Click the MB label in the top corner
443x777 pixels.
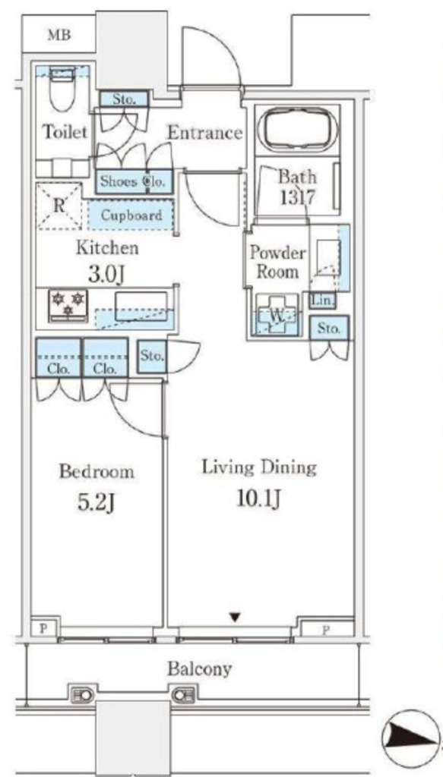tap(59, 35)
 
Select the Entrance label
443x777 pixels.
tap(204, 133)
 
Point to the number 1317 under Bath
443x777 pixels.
tap(297, 198)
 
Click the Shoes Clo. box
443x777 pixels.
tap(134, 181)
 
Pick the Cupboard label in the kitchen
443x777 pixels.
tap(131, 215)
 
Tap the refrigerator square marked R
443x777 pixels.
tap(59, 206)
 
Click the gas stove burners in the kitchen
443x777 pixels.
tap(68, 304)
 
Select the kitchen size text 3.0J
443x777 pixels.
tap(106, 275)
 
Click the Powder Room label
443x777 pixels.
tap(277, 262)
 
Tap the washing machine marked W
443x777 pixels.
tap(277, 315)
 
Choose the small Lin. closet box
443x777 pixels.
tap(322, 300)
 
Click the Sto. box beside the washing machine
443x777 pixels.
tap(329, 328)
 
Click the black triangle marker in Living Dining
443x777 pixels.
tap(235, 618)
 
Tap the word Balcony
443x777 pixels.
tap(199, 669)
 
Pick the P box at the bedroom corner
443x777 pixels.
tap(43, 628)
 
